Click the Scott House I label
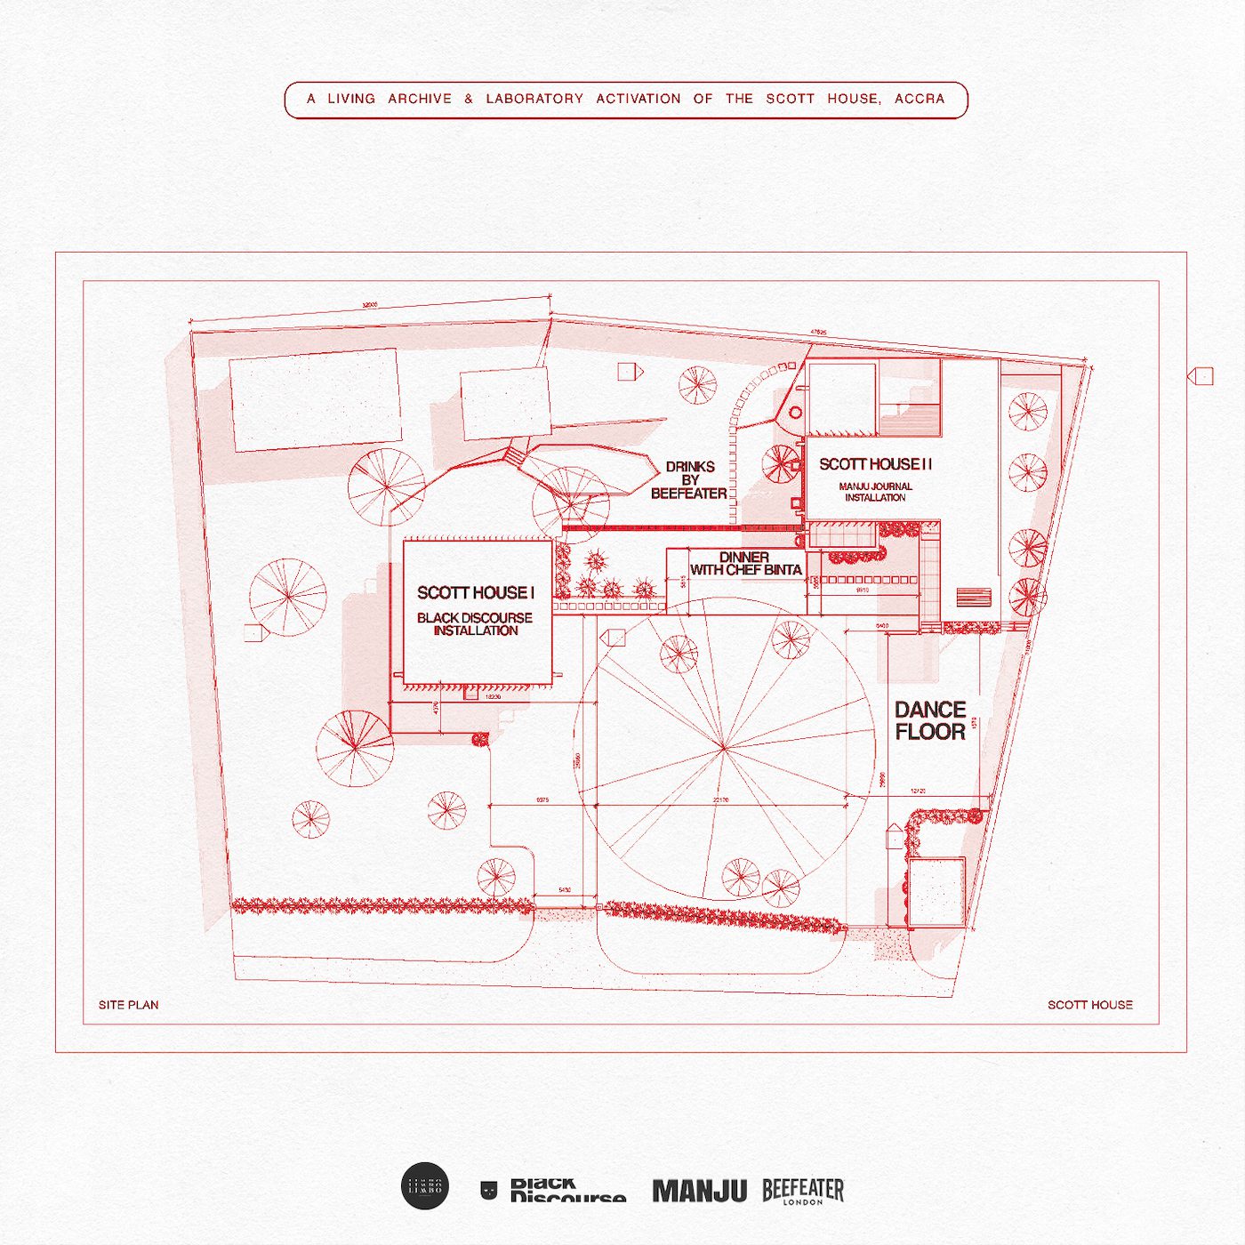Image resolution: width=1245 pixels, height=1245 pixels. point(476,592)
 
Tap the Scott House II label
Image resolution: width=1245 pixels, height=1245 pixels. point(875,464)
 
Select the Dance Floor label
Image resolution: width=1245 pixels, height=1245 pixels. point(930,720)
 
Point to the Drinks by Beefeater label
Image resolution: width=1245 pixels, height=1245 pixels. point(689,480)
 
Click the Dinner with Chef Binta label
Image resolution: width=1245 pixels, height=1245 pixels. point(745,564)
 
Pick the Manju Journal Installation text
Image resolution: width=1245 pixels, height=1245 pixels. point(875,492)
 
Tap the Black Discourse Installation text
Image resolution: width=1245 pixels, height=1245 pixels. point(475,623)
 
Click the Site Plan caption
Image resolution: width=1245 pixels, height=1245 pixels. point(129,1005)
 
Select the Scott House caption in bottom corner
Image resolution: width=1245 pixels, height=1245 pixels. point(1089,1005)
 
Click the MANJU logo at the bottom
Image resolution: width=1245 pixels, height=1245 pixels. point(699,1191)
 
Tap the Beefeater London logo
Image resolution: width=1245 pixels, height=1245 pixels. point(803,1191)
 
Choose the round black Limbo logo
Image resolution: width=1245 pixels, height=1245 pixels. point(425,1186)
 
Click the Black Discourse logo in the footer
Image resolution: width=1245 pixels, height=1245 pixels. point(556,1191)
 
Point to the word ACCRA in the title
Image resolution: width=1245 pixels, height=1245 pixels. point(920,99)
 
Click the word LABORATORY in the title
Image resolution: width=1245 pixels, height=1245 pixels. point(534,99)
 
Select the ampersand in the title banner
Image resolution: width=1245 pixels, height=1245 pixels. point(469,99)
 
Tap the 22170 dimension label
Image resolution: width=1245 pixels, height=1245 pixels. point(720,800)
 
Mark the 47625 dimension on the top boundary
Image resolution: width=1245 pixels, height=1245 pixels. point(818,333)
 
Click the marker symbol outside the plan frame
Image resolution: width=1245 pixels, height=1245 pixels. point(1201,376)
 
